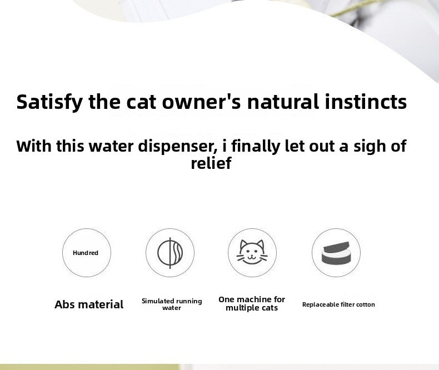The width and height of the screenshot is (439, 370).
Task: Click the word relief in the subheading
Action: tap(211, 164)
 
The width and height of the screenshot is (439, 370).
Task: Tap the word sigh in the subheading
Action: tap(362, 146)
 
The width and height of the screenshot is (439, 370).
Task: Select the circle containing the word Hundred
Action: tap(86, 253)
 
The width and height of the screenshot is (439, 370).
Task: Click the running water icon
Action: tap(170, 253)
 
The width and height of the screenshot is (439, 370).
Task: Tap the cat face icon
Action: tap(252, 253)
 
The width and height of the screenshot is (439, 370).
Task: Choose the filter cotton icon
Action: tap(336, 253)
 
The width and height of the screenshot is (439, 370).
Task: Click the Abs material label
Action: tap(89, 304)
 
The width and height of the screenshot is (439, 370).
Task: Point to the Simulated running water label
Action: tap(172, 304)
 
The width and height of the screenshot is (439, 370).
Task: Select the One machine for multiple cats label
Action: tap(252, 303)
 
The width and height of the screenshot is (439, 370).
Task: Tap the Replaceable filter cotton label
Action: tap(338, 304)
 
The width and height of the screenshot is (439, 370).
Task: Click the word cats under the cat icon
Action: tap(267, 308)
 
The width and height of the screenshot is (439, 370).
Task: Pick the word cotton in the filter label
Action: tap(364, 304)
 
